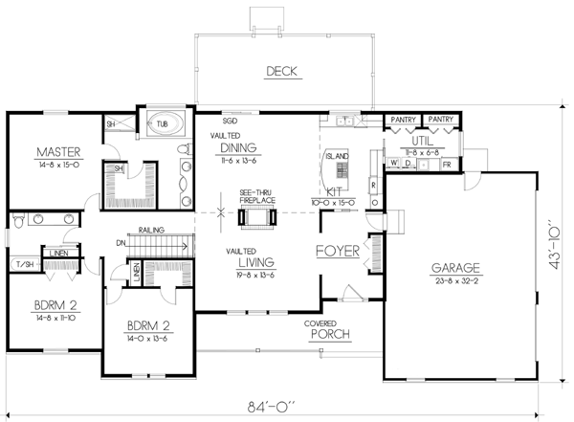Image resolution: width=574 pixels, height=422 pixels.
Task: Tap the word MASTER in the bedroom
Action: coord(57,151)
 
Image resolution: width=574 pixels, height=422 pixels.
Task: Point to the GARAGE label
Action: coord(454,268)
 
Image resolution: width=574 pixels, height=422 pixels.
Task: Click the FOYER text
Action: coord(337,252)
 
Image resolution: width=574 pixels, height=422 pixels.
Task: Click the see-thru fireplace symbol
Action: coord(256,217)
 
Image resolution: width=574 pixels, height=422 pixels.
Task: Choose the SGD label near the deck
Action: coord(230,122)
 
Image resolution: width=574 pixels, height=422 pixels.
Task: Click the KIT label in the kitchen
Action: coord(333,191)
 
